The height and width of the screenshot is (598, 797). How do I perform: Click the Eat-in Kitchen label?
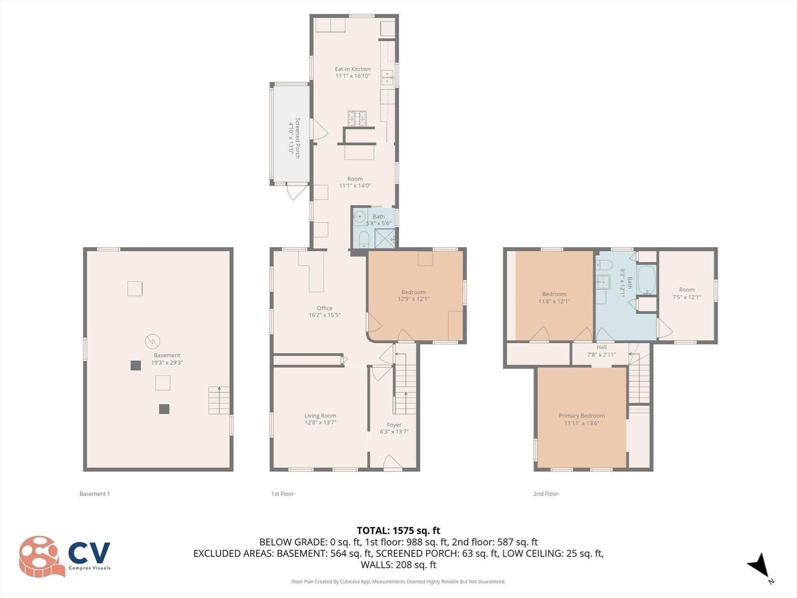click(x=353, y=69)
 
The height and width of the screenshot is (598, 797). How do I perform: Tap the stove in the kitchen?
click(x=357, y=118)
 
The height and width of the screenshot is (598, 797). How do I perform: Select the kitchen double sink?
click(x=387, y=77)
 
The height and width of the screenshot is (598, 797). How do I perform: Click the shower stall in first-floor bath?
click(x=384, y=238)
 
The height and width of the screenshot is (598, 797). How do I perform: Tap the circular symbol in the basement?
click(x=153, y=341)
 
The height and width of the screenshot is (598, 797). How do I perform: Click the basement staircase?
click(x=219, y=400)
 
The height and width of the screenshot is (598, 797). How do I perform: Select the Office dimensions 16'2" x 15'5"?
click(x=324, y=315)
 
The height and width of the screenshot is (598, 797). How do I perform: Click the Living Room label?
click(x=320, y=415)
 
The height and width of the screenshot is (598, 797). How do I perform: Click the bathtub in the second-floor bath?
click(x=646, y=280)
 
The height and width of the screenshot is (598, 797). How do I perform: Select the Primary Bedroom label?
click(x=581, y=415)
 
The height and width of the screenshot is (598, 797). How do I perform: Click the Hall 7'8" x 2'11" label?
click(x=601, y=351)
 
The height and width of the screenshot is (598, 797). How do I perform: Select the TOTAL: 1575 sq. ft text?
click(x=398, y=530)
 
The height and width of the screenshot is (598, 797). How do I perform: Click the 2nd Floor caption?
click(x=545, y=494)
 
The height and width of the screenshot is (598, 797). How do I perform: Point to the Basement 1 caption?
click(x=95, y=494)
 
